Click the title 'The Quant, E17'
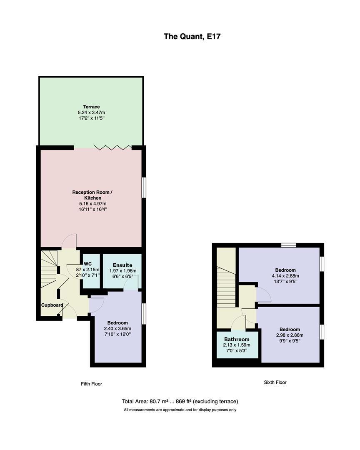click(192, 36)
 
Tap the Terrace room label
click(91, 107)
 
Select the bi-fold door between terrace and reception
click(112, 147)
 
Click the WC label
click(87, 264)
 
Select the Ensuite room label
click(122, 265)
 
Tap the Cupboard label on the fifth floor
click(52, 305)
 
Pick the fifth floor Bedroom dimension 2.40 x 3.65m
click(117, 328)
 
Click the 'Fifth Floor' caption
click(91, 384)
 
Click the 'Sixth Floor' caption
click(275, 382)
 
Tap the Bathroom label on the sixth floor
click(237, 339)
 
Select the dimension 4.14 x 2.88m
click(285, 275)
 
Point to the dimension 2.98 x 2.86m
click(290, 335)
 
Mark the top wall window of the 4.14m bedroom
click(288, 245)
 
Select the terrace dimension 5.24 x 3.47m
click(91, 112)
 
